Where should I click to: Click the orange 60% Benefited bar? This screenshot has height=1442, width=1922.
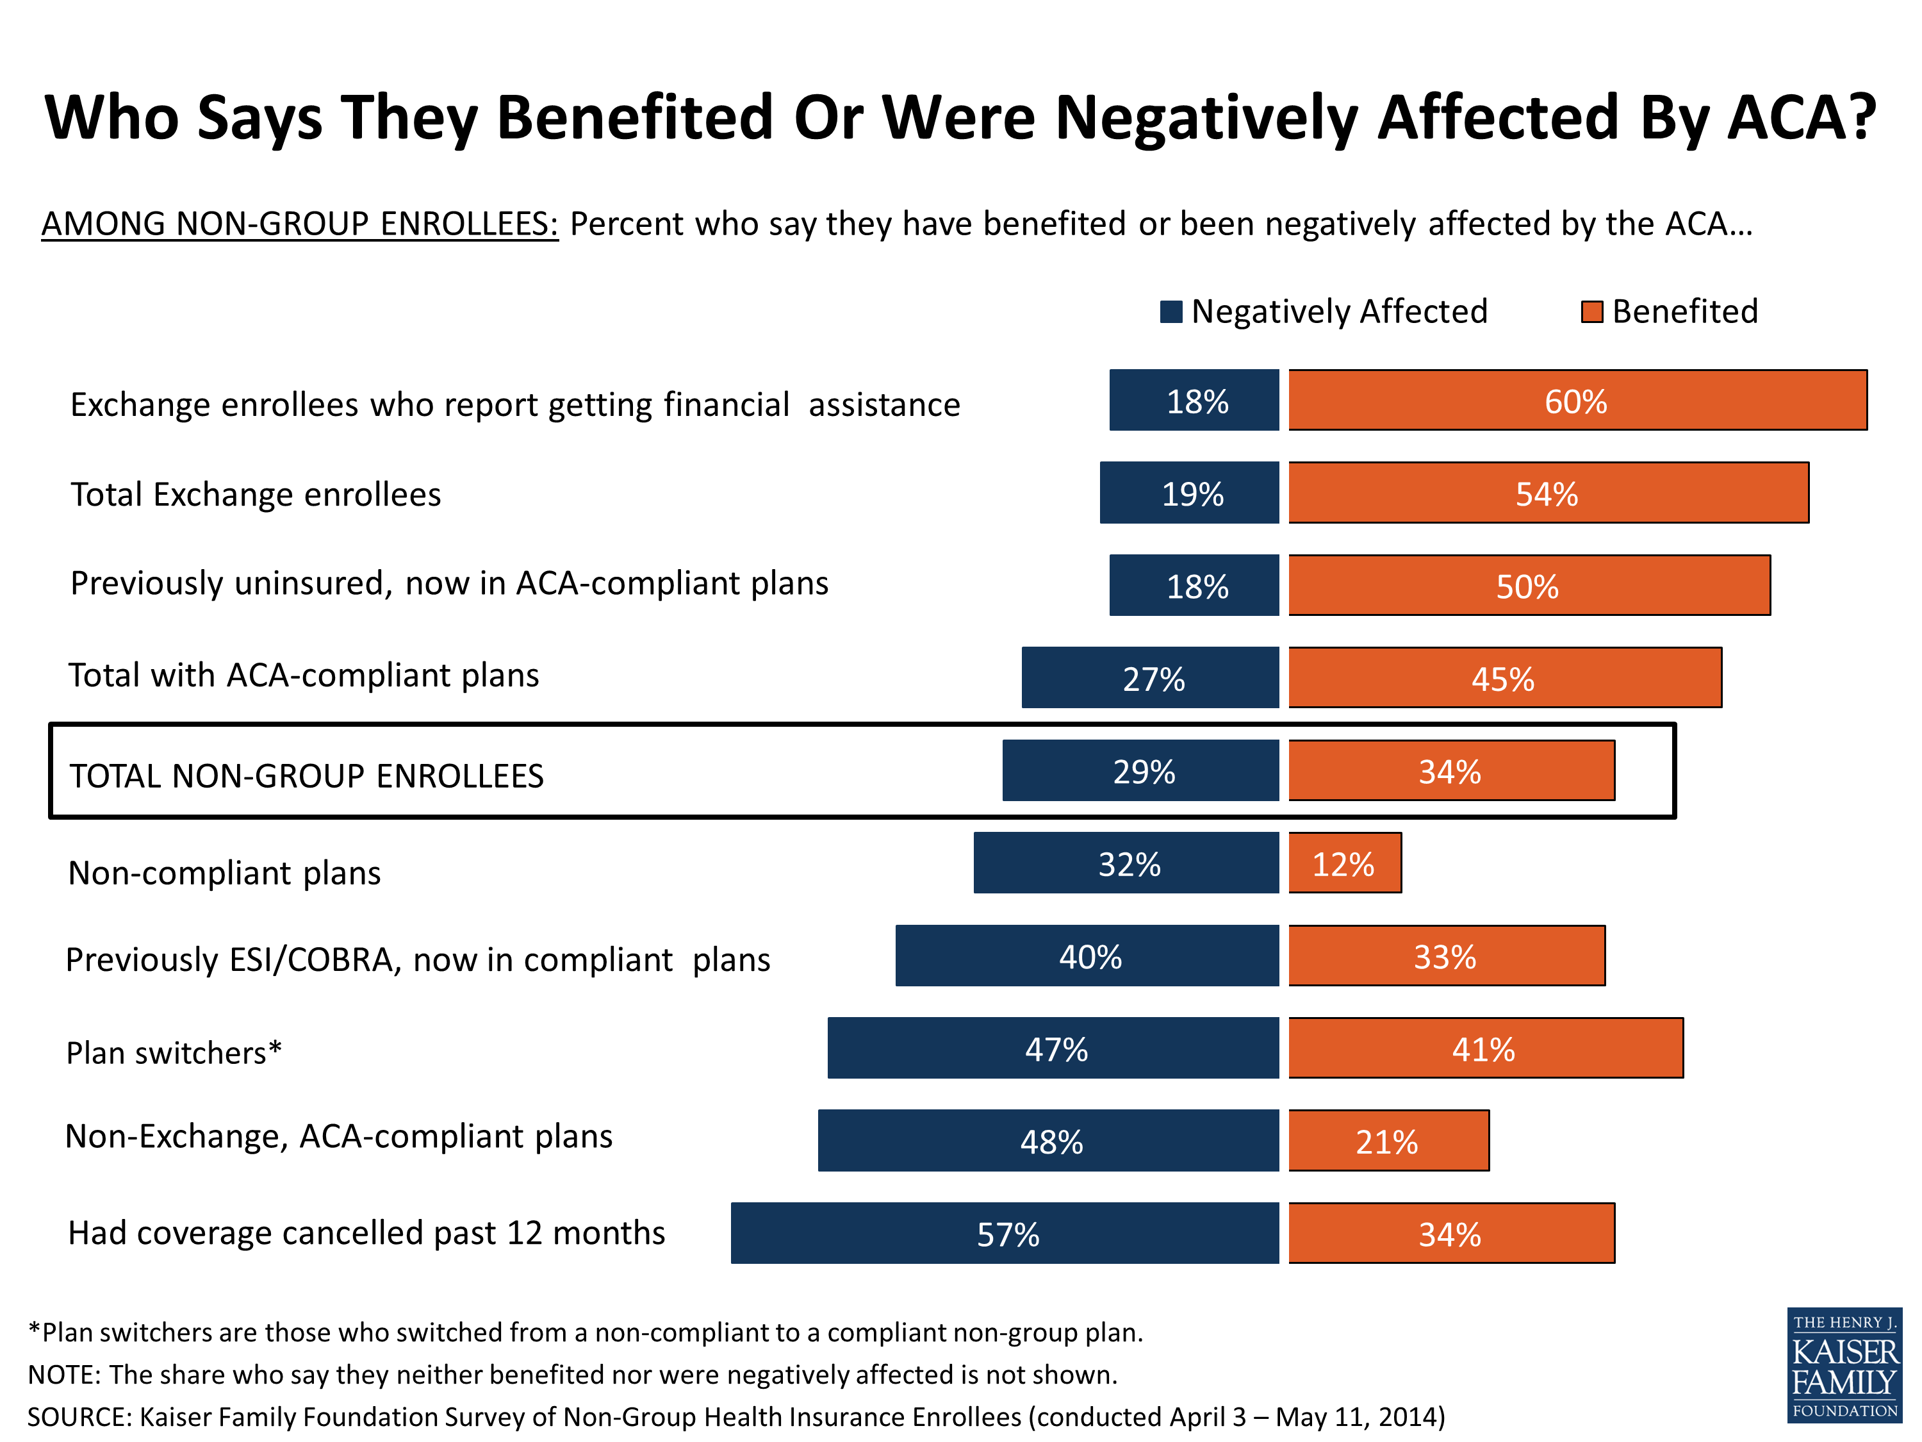pos(1577,401)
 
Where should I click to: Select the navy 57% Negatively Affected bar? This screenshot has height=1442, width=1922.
pos(1005,1232)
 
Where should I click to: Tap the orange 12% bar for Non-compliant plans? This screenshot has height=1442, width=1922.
pos(1344,863)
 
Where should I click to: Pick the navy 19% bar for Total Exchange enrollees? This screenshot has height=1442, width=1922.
pos(1190,493)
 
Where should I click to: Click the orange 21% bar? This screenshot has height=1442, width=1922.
pos(1388,1140)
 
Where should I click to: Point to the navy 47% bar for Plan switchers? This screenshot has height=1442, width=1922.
pos(1053,1048)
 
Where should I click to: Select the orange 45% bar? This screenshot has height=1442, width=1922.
pos(1505,678)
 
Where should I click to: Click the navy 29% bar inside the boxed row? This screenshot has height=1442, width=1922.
pos(1141,771)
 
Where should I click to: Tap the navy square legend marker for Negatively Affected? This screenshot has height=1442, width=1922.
pos(1171,312)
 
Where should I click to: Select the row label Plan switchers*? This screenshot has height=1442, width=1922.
pos(174,1052)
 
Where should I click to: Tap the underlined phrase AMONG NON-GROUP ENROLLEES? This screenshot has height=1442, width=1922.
pos(300,224)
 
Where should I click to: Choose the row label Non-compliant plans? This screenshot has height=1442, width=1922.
pos(224,873)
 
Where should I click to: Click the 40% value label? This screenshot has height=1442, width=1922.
pos(1090,957)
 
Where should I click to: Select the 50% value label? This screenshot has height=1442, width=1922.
pos(1527,586)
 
